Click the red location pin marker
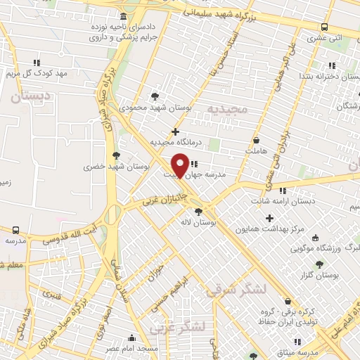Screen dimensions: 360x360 pos(181,165)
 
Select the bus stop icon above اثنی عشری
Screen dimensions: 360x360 pos(324,27)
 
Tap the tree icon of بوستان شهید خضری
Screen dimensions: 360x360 pos(116,155)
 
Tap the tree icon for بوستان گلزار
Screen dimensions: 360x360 pos(320,264)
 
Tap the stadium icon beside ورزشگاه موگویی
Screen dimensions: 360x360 pos(315,238)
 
